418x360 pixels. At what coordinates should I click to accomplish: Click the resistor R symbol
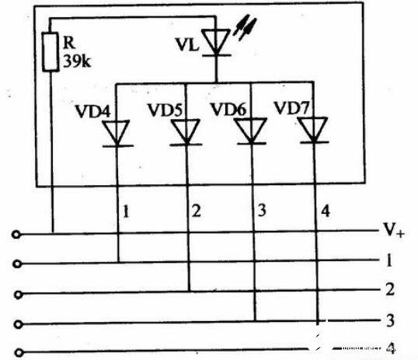pos(51,52)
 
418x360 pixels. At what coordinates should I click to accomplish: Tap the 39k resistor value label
pos(77,61)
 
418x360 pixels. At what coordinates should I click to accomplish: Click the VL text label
pos(187,44)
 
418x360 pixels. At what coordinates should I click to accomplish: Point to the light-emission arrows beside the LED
pos(245,27)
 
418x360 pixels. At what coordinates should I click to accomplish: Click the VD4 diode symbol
pos(117,134)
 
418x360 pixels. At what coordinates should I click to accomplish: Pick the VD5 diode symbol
pos(186,132)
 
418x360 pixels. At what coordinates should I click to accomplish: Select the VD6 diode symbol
pos(251,131)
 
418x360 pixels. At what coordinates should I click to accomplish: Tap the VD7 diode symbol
pos(314,130)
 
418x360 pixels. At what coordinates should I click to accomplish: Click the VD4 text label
pos(92,111)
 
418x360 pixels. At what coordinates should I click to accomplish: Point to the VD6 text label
pos(228,109)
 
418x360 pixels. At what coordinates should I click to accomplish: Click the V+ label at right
pos(394,230)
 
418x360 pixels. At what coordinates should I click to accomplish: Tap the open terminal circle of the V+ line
pos(16,235)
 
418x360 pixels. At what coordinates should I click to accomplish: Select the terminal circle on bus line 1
pos(17,264)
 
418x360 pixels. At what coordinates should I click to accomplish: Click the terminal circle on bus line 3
pos(18,324)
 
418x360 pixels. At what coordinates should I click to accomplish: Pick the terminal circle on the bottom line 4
pos(19,353)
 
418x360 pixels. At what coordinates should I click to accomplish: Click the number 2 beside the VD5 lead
pos(197,211)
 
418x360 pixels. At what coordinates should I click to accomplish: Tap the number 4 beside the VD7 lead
pos(326,211)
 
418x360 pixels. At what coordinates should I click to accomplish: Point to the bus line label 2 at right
pos(390,289)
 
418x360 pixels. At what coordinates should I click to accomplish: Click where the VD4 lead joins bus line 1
pos(119,262)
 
